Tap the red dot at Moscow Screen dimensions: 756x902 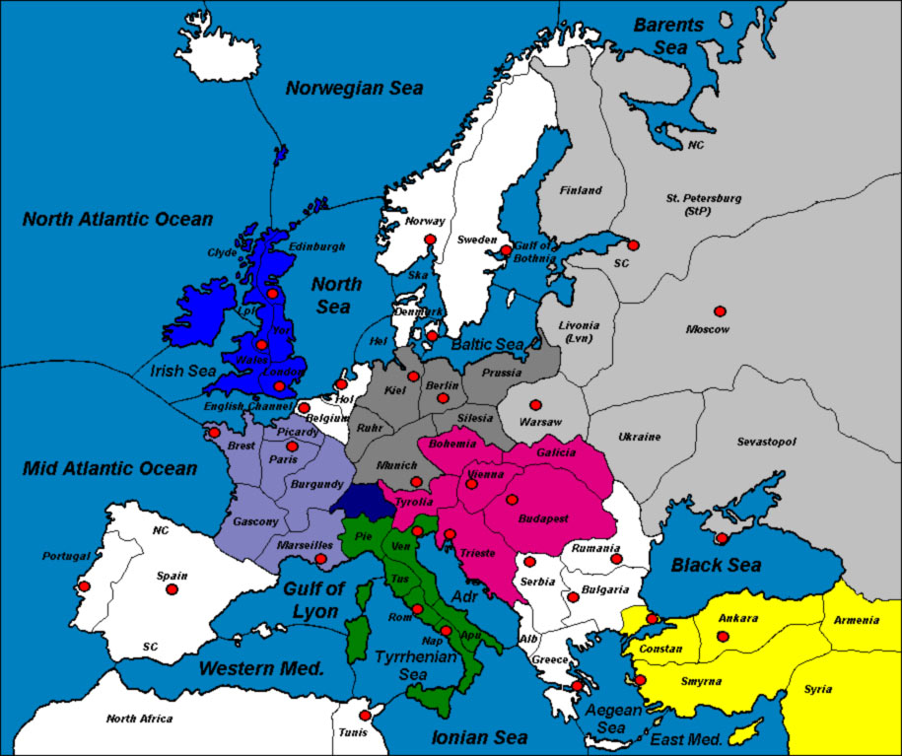[720, 311]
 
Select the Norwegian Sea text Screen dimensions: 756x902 [354, 89]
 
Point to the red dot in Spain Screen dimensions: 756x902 [172, 589]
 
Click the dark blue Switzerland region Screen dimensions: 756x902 [357, 499]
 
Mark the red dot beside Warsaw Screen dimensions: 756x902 [535, 405]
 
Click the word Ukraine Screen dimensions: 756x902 [639, 437]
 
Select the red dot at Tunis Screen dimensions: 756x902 [365, 716]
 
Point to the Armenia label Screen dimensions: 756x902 [856, 620]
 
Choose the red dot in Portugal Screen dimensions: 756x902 [85, 587]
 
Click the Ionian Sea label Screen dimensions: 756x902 [480, 736]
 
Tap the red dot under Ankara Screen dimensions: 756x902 [723, 637]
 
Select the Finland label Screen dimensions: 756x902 [581, 190]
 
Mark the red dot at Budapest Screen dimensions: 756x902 [511, 500]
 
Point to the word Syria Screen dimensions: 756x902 [817, 689]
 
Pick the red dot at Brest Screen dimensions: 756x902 [214, 433]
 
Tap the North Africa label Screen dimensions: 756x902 [139, 719]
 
